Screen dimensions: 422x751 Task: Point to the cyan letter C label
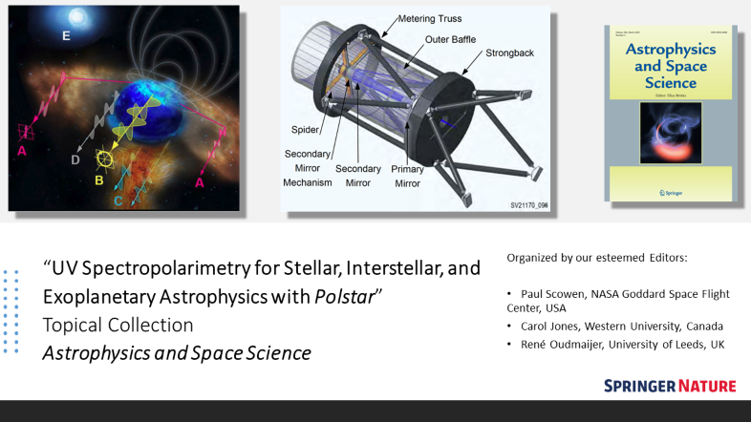(x=118, y=201)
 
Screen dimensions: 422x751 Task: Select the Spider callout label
(x=305, y=129)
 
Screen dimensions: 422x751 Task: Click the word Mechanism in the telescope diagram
(x=311, y=182)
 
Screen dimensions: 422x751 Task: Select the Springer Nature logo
(x=670, y=386)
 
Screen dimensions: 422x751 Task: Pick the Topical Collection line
(x=118, y=325)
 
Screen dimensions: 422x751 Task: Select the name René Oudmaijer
(x=565, y=344)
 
